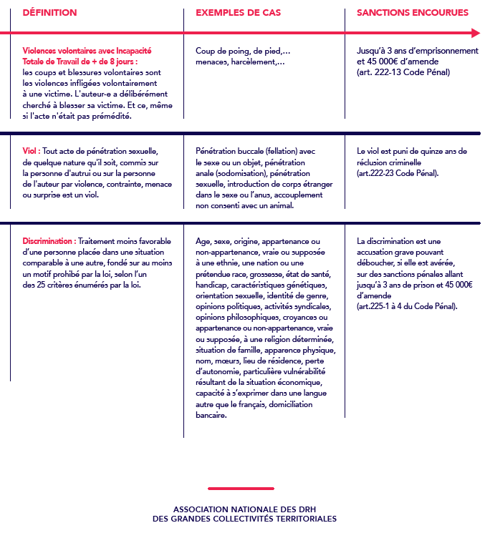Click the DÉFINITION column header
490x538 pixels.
pyautogui.click(x=49, y=13)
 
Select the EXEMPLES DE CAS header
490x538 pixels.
pyautogui.click(x=238, y=13)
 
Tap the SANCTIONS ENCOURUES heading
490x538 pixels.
pyautogui.click(x=413, y=13)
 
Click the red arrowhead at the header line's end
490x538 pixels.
pyautogui.click(x=476, y=32)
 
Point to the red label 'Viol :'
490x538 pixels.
pyautogui.click(x=32, y=152)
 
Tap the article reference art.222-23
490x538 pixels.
pyautogui.click(x=380, y=173)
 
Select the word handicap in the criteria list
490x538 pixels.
pyautogui.click(x=212, y=285)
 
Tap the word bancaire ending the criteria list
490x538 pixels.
pyautogui.click(x=211, y=415)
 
